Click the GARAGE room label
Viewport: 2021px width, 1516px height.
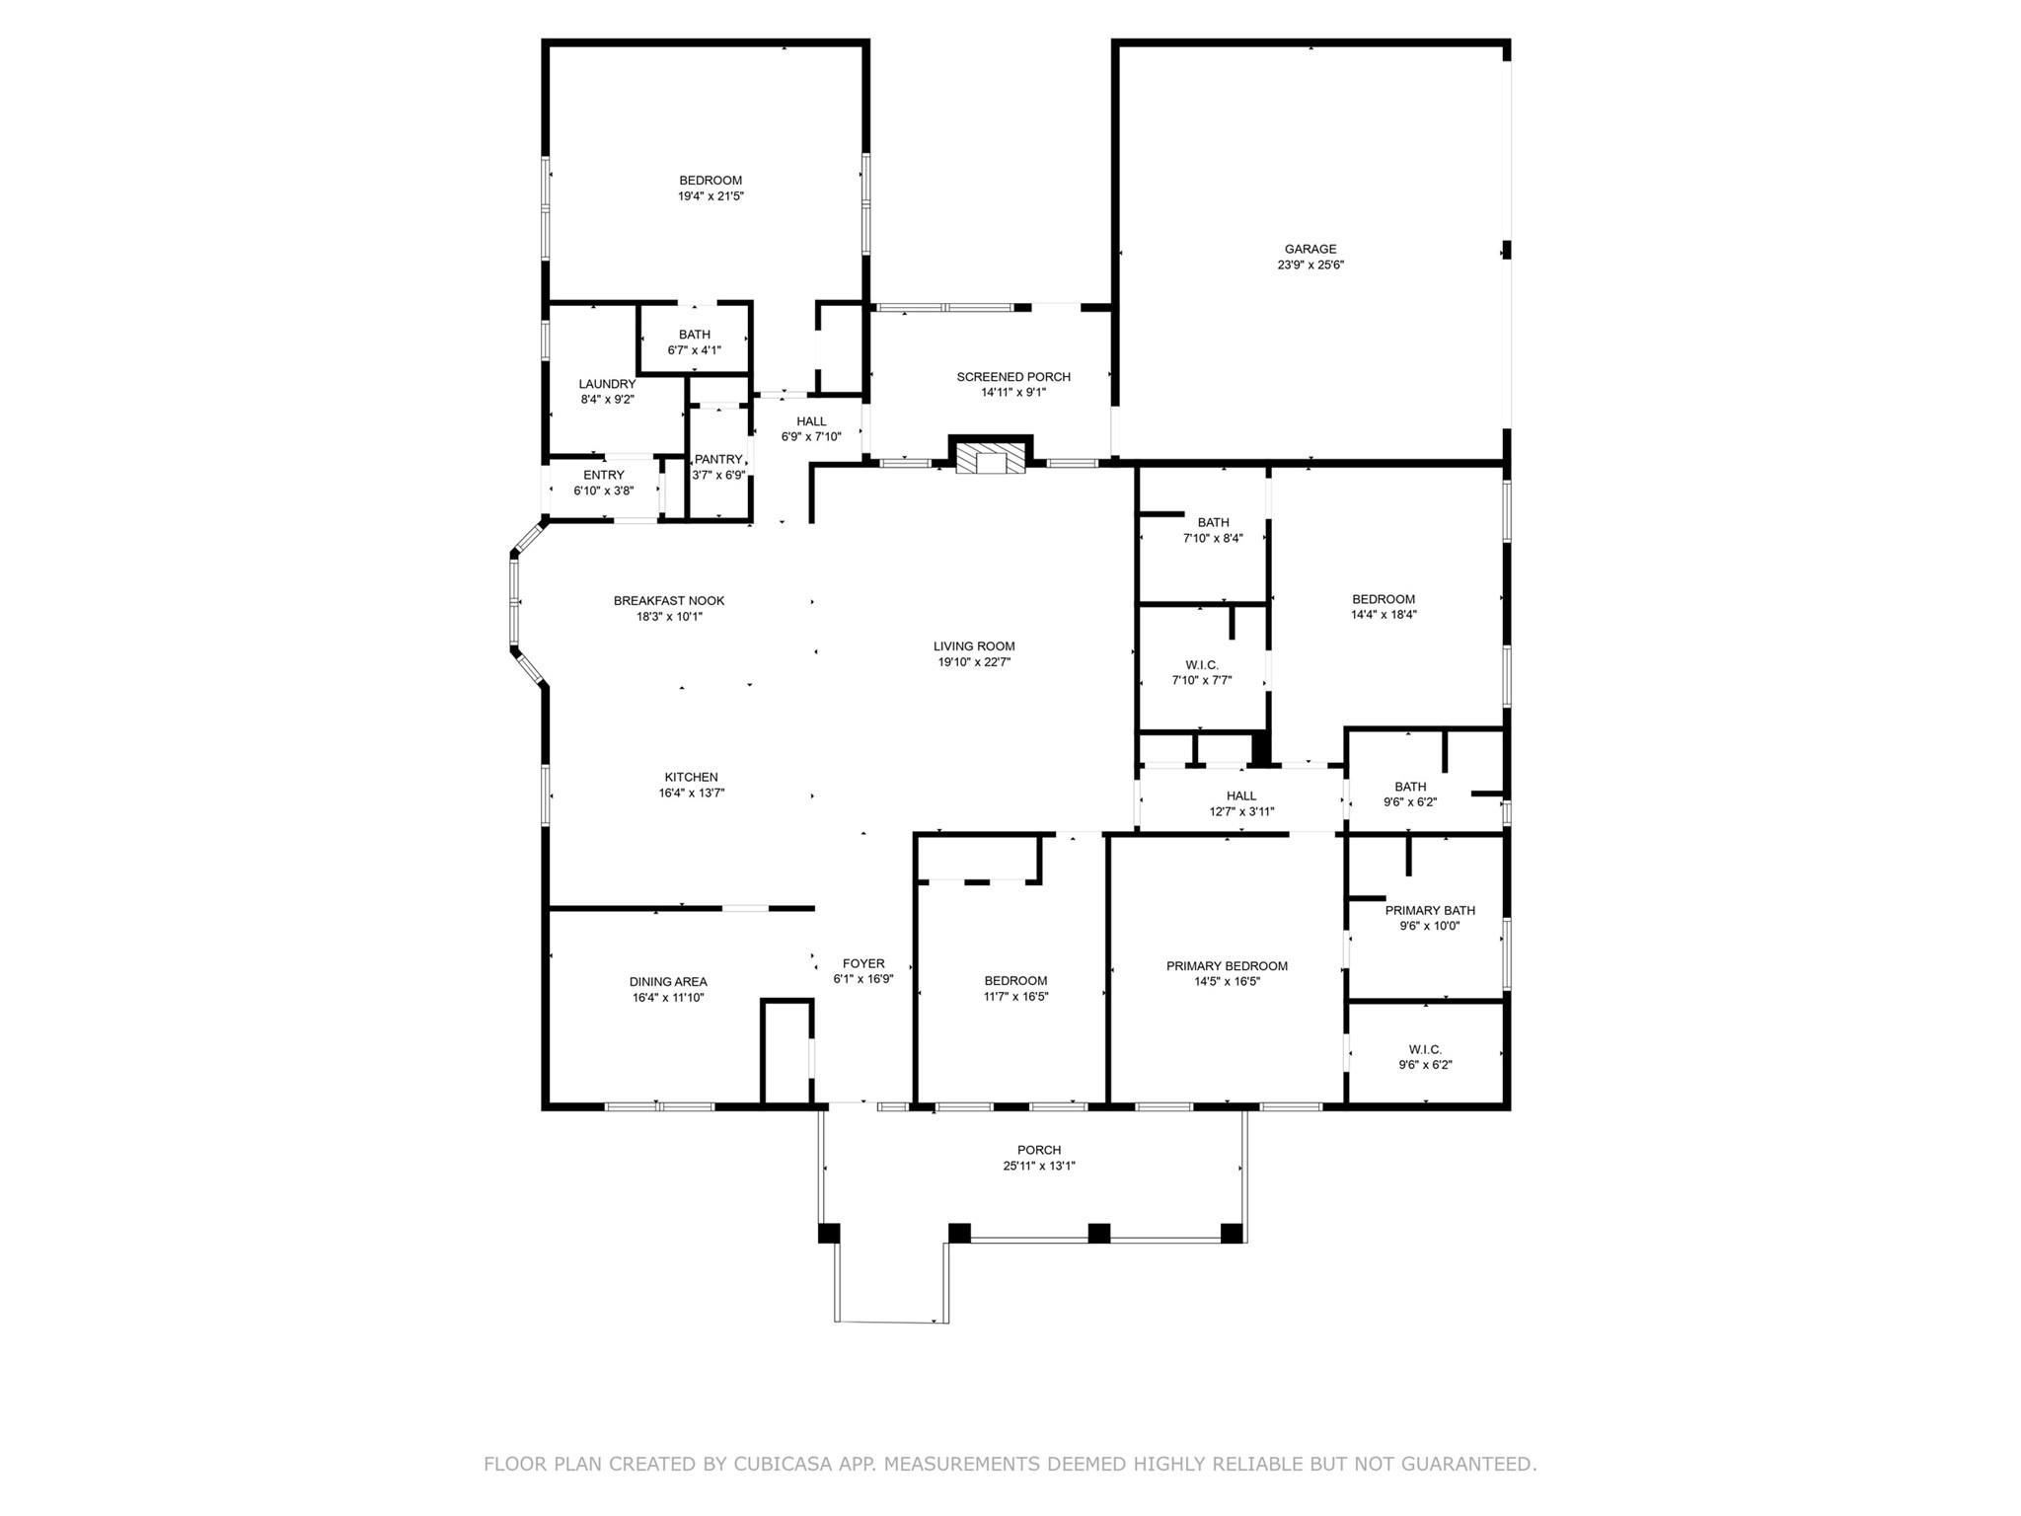pos(1310,249)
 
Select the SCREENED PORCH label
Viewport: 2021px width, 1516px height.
pos(1013,377)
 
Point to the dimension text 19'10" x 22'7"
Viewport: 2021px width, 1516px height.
pos(974,662)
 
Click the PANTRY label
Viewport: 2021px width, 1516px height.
pos(717,460)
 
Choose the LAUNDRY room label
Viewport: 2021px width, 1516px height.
pos(607,384)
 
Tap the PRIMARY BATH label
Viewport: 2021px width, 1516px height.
pos(1429,910)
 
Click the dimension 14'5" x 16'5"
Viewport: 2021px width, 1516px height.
pos(1227,981)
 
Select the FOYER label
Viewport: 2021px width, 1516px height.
pos(863,963)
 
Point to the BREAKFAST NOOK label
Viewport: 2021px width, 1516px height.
pos(669,600)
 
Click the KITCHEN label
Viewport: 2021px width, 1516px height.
pos(691,777)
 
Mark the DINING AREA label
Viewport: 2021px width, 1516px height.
pos(668,981)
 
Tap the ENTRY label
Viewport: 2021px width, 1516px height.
pos(603,475)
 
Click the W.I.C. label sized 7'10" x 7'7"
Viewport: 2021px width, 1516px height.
pos(1201,665)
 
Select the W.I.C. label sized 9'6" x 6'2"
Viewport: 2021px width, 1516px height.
pos(1425,1049)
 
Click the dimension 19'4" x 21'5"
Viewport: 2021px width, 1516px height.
pos(710,196)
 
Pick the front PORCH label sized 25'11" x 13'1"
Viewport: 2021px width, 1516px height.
pos(1039,1150)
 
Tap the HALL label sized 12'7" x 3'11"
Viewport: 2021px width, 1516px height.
pos(1241,796)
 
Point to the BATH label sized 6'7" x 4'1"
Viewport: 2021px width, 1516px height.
pos(694,335)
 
